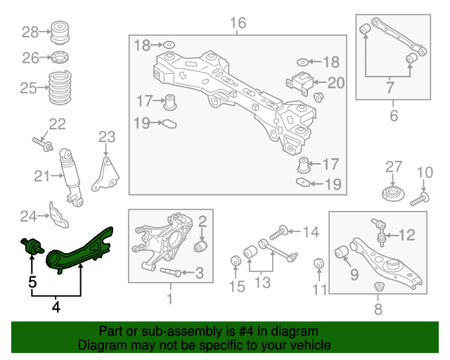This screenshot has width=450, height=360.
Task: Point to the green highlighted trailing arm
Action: click(x=79, y=250)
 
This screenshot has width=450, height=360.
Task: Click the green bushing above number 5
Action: click(x=32, y=247)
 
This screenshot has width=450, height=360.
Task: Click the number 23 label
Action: click(x=106, y=136)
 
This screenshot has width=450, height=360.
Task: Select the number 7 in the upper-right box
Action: click(x=390, y=89)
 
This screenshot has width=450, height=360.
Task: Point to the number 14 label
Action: click(x=310, y=231)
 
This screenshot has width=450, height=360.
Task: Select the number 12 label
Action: click(x=407, y=235)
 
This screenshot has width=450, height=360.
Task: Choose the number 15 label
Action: click(x=236, y=286)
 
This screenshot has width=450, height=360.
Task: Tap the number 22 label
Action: click(x=57, y=124)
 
